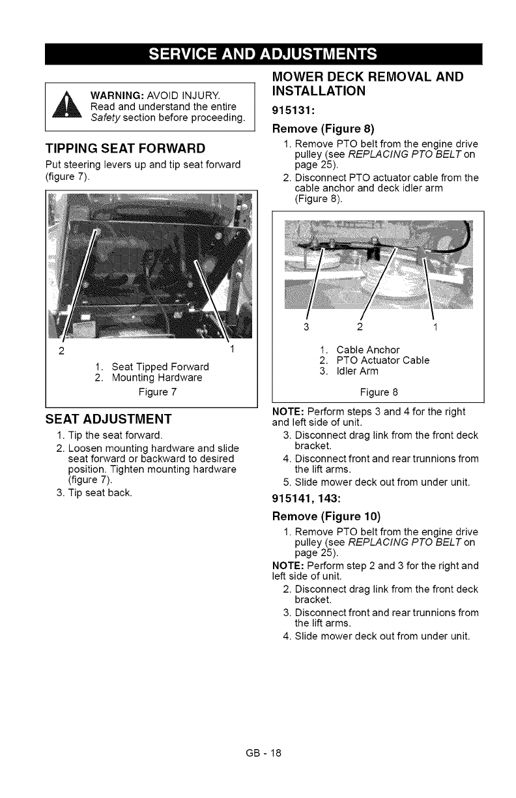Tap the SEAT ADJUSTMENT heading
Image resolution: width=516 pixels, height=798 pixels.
[107, 418]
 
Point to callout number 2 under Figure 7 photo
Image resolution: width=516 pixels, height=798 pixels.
[61, 352]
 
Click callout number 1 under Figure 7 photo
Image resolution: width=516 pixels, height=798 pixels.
[232, 351]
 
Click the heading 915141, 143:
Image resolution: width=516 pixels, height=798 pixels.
[311, 501]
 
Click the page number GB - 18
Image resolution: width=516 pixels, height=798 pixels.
[258, 753]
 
